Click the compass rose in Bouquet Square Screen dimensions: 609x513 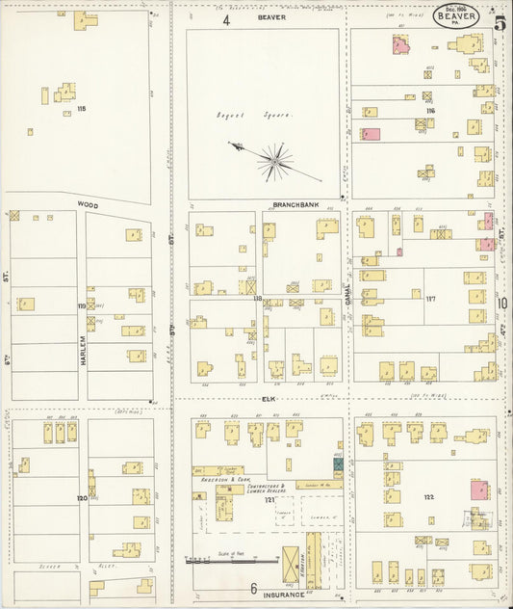click(x=275, y=160)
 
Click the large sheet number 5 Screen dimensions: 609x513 click(x=500, y=23)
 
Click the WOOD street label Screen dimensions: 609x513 click(x=88, y=205)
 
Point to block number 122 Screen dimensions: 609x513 click(x=428, y=497)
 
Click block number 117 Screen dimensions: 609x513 click(x=430, y=299)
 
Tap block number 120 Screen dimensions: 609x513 click(x=82, y=498)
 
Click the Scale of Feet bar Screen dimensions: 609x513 click(x=231, y=559)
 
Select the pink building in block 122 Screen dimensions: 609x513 click(x=478, y=490)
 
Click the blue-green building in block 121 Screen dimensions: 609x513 click(x=338, y=464)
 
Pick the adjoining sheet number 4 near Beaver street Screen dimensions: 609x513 click(x=227, y=18)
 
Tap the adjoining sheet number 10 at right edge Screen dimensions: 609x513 click(x=502, y=304)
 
